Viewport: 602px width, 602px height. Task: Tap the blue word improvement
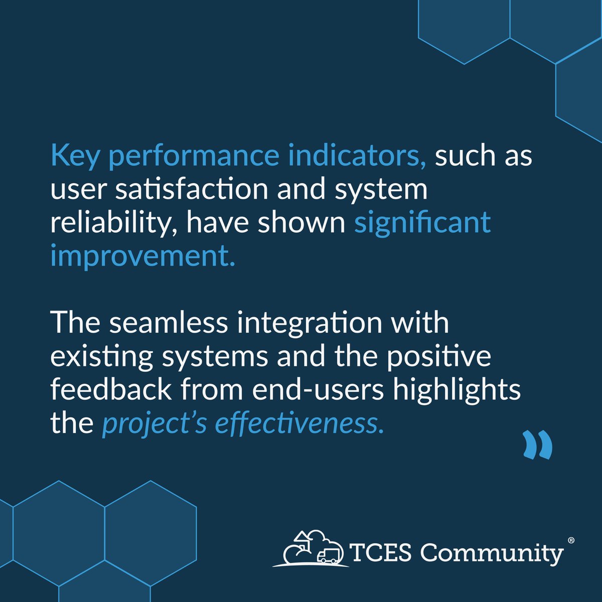pos(142,256)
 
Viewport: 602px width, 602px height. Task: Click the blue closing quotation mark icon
pos(537,444)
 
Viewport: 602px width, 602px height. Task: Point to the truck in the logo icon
pos(328,554)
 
